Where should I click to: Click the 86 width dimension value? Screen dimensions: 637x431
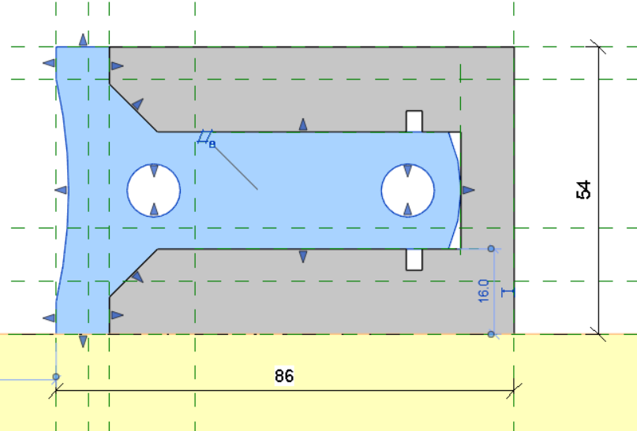(284, 376)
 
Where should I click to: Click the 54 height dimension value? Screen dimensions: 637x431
(584, 190)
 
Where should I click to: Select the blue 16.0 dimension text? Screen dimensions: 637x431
(483, 290)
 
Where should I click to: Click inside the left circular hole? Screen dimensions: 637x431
(154, 190)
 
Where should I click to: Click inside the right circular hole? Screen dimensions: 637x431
(408, 190)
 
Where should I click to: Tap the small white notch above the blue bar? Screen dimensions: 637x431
(414, 121)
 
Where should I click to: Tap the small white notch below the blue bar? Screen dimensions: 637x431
(414, 259)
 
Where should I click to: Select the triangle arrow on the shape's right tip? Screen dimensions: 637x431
(468, 190)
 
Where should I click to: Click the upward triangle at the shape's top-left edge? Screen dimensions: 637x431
(83, 39)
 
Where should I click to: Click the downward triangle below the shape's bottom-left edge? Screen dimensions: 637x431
(83, 341)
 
